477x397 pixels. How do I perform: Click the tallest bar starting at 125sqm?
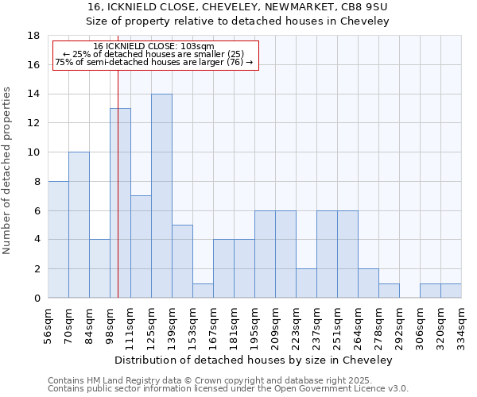pyautogui.click(x=161, y=196)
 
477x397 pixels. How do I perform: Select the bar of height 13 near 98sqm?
pyautogui.click(x=120, y=203)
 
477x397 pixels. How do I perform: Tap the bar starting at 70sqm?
pyautogui.click(x=79, y=225)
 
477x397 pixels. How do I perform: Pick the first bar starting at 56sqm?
pyautogui.click(x=58, y=240)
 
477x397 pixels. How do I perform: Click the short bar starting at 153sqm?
pyautogui.click(x=203, y=291)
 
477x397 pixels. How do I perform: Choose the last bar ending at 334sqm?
pyautogui.click(x=451, y=291)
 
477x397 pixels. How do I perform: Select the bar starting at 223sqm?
pyautogui.click(x=306, y=283)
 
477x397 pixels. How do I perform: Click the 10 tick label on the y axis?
pyautogui.click(x=34, y=152)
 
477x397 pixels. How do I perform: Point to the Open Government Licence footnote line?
pyautogui.click(x=228, y=389)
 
